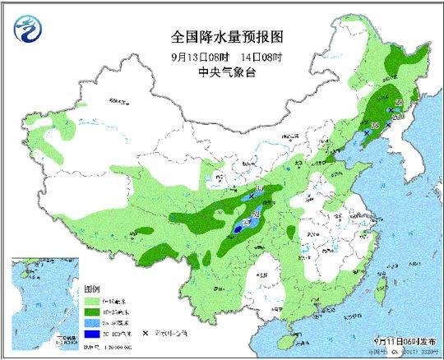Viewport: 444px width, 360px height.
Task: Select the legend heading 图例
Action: click(x=91, y=290)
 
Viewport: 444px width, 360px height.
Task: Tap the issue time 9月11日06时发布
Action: click(x=404, y=339)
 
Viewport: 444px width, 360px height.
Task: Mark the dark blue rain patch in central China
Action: click(x=238, y=231)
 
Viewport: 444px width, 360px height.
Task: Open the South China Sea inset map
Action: click(x=45, y=303)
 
